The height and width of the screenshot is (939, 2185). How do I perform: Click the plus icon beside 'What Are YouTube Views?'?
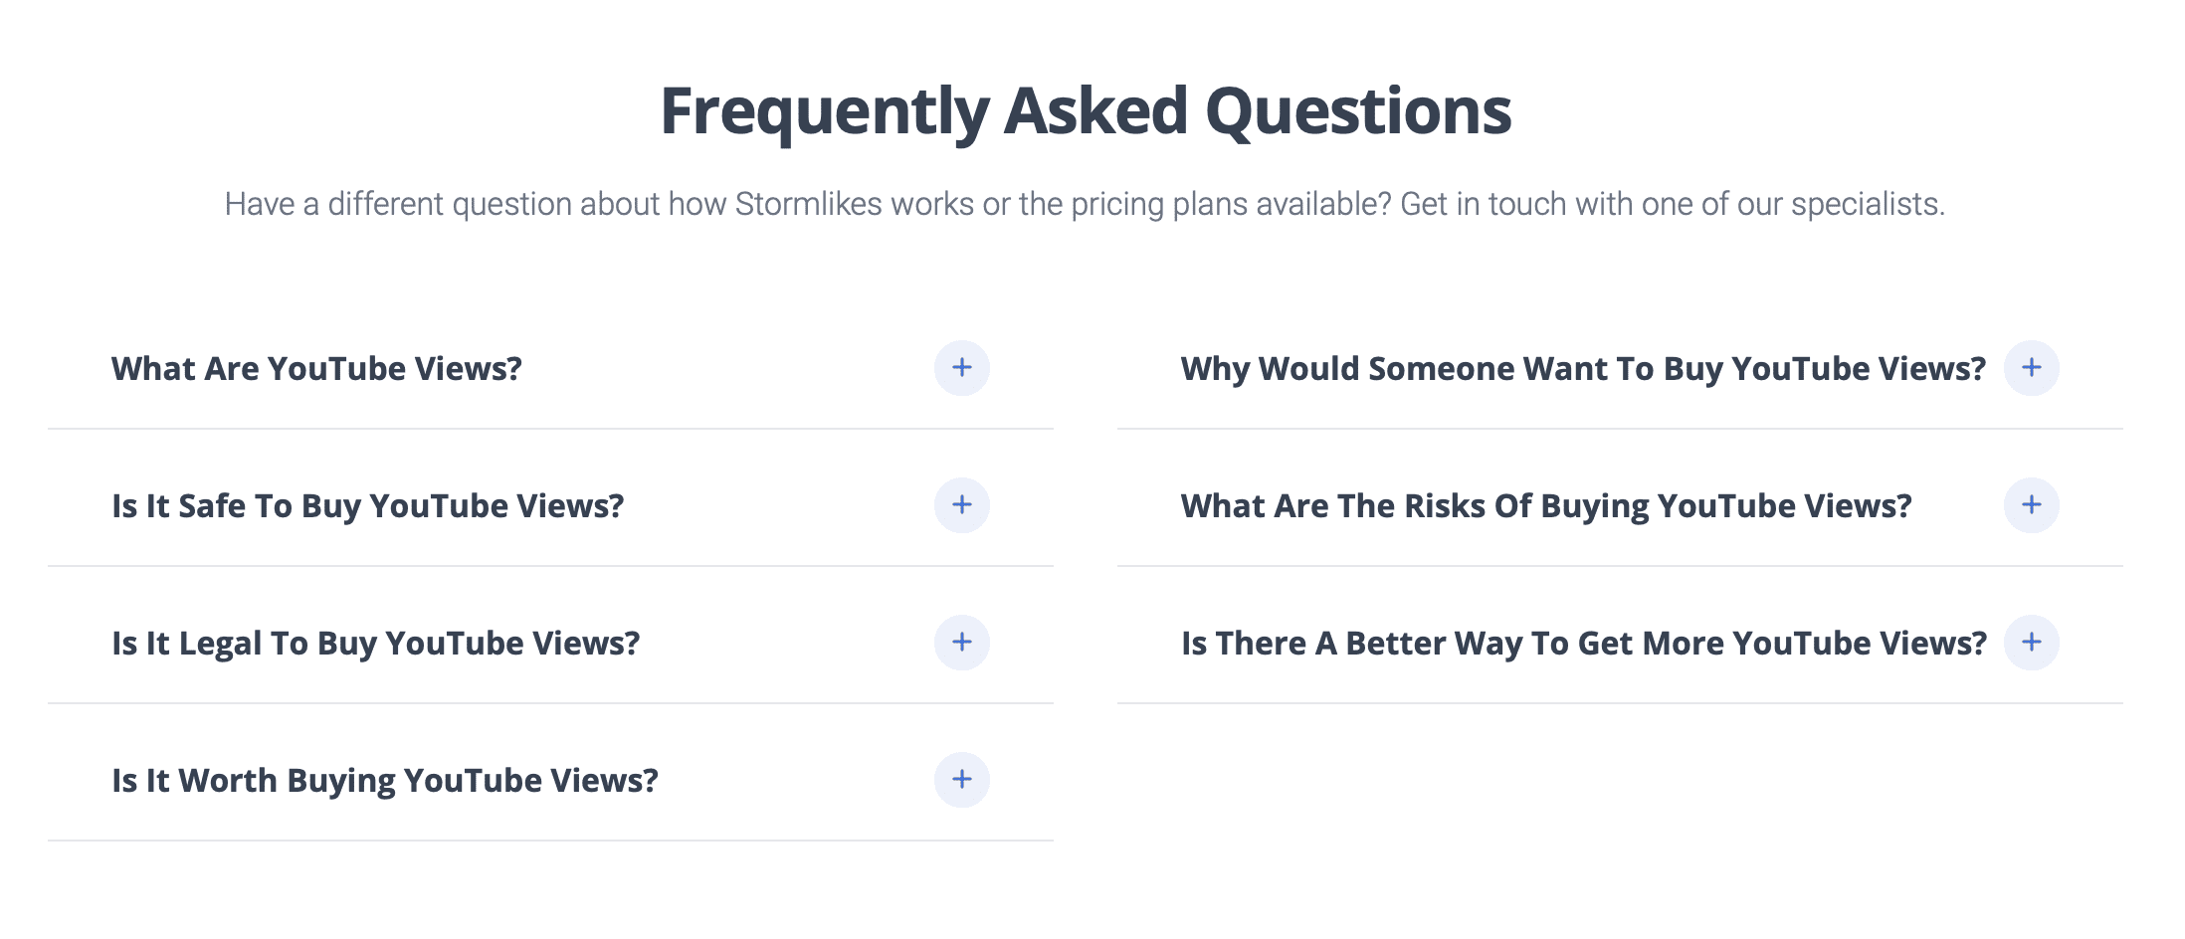[961, 368]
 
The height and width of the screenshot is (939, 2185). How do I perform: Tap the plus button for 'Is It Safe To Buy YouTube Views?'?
[961, 505]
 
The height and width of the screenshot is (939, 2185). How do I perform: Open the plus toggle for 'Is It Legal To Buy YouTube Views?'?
[961, 643]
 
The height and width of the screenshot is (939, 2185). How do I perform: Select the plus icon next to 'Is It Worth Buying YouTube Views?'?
[961, 780]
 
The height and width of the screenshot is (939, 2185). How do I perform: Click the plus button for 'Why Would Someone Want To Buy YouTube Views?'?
[2031, 368]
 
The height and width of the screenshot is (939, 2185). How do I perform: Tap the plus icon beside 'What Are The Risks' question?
[2031, 505]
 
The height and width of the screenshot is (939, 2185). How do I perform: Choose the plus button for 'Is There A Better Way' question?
[2031, 643]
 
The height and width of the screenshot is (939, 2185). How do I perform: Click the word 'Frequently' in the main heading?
[824, 111]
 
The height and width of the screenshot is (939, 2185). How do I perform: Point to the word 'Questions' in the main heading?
[1358, 111]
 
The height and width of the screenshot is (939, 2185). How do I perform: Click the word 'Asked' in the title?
[1095, 111]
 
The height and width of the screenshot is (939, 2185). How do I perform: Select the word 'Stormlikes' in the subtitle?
[808, 204]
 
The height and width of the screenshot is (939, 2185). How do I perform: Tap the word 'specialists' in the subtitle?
[1866, 204]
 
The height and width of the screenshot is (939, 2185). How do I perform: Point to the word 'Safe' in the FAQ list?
[211, 506]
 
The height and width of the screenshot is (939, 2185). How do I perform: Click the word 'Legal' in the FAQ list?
[219, 644]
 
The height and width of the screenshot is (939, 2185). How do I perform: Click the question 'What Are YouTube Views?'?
[316, 369]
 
